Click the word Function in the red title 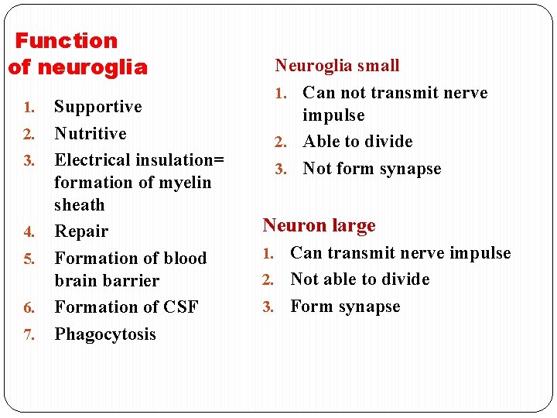[67, 40]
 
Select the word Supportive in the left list [97, 107]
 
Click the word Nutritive [90, 133]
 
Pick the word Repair [81, 231]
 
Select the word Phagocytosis [105, 334]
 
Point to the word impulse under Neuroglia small [333, 115]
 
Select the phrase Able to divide [357, 142]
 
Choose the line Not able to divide [360, 279]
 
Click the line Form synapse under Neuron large [345, 307]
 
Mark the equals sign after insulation [219, 161]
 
